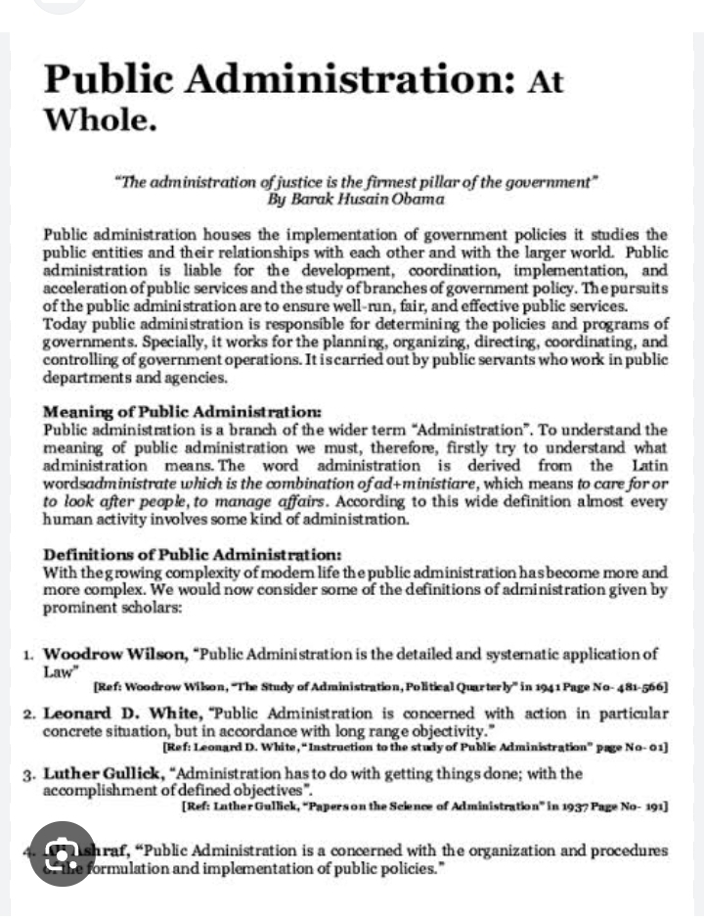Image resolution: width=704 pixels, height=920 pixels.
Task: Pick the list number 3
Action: pyautogui.click(x=30, y=774)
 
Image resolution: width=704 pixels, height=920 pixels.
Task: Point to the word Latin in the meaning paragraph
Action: pyautogui.click(x=649, y=466)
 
